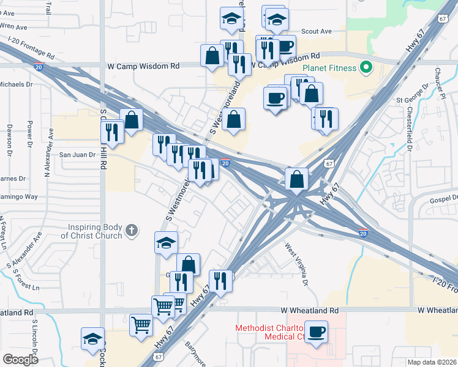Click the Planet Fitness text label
(330, 67)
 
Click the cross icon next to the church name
(130, 231)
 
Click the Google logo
(20, 360)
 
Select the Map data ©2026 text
(431, 362)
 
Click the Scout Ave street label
(316, 31)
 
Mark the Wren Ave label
(13, 27)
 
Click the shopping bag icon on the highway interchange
(296, 180)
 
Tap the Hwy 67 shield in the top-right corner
(442, 18)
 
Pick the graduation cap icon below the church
(166, 243)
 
